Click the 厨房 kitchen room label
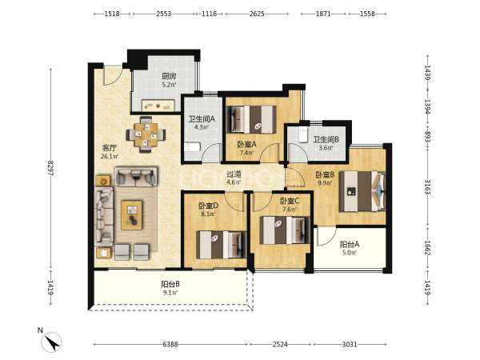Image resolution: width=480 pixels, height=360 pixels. click(169, 76)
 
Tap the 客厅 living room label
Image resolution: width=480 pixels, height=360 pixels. click(110, 148)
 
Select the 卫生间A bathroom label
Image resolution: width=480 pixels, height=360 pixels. click(202, 118)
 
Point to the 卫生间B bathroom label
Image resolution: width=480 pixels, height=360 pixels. click(326, 139)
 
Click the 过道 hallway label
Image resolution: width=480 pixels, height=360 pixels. click(234, 174)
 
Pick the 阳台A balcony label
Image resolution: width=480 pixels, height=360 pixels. click(350, 245)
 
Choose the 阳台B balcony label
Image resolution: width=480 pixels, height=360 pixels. click(170, 284)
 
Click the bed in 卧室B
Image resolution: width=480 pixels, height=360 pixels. click(362, 191)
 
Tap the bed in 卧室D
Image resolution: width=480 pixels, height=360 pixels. click(222, 245)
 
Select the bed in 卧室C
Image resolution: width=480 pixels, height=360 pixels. click(285, 230)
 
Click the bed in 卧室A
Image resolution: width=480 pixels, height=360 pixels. click(251, 119)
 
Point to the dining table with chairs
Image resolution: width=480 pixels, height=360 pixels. click(146, 134)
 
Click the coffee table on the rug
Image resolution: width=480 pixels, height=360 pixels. click(132, 215)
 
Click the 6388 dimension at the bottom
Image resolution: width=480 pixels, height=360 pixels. click(170, 344)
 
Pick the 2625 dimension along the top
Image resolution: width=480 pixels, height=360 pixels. click(257, 14)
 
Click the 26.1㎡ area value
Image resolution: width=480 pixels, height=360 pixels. click(110, 157)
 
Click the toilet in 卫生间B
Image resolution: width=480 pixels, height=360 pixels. click(303, 135)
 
